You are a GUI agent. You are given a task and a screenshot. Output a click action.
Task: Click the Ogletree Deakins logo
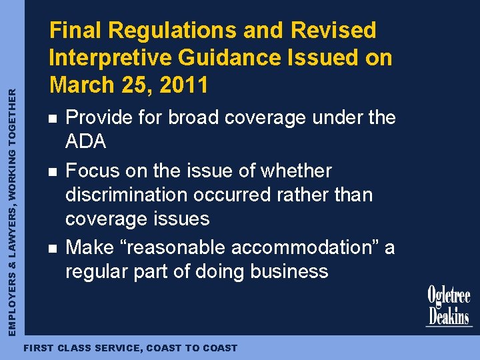point(449,307)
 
